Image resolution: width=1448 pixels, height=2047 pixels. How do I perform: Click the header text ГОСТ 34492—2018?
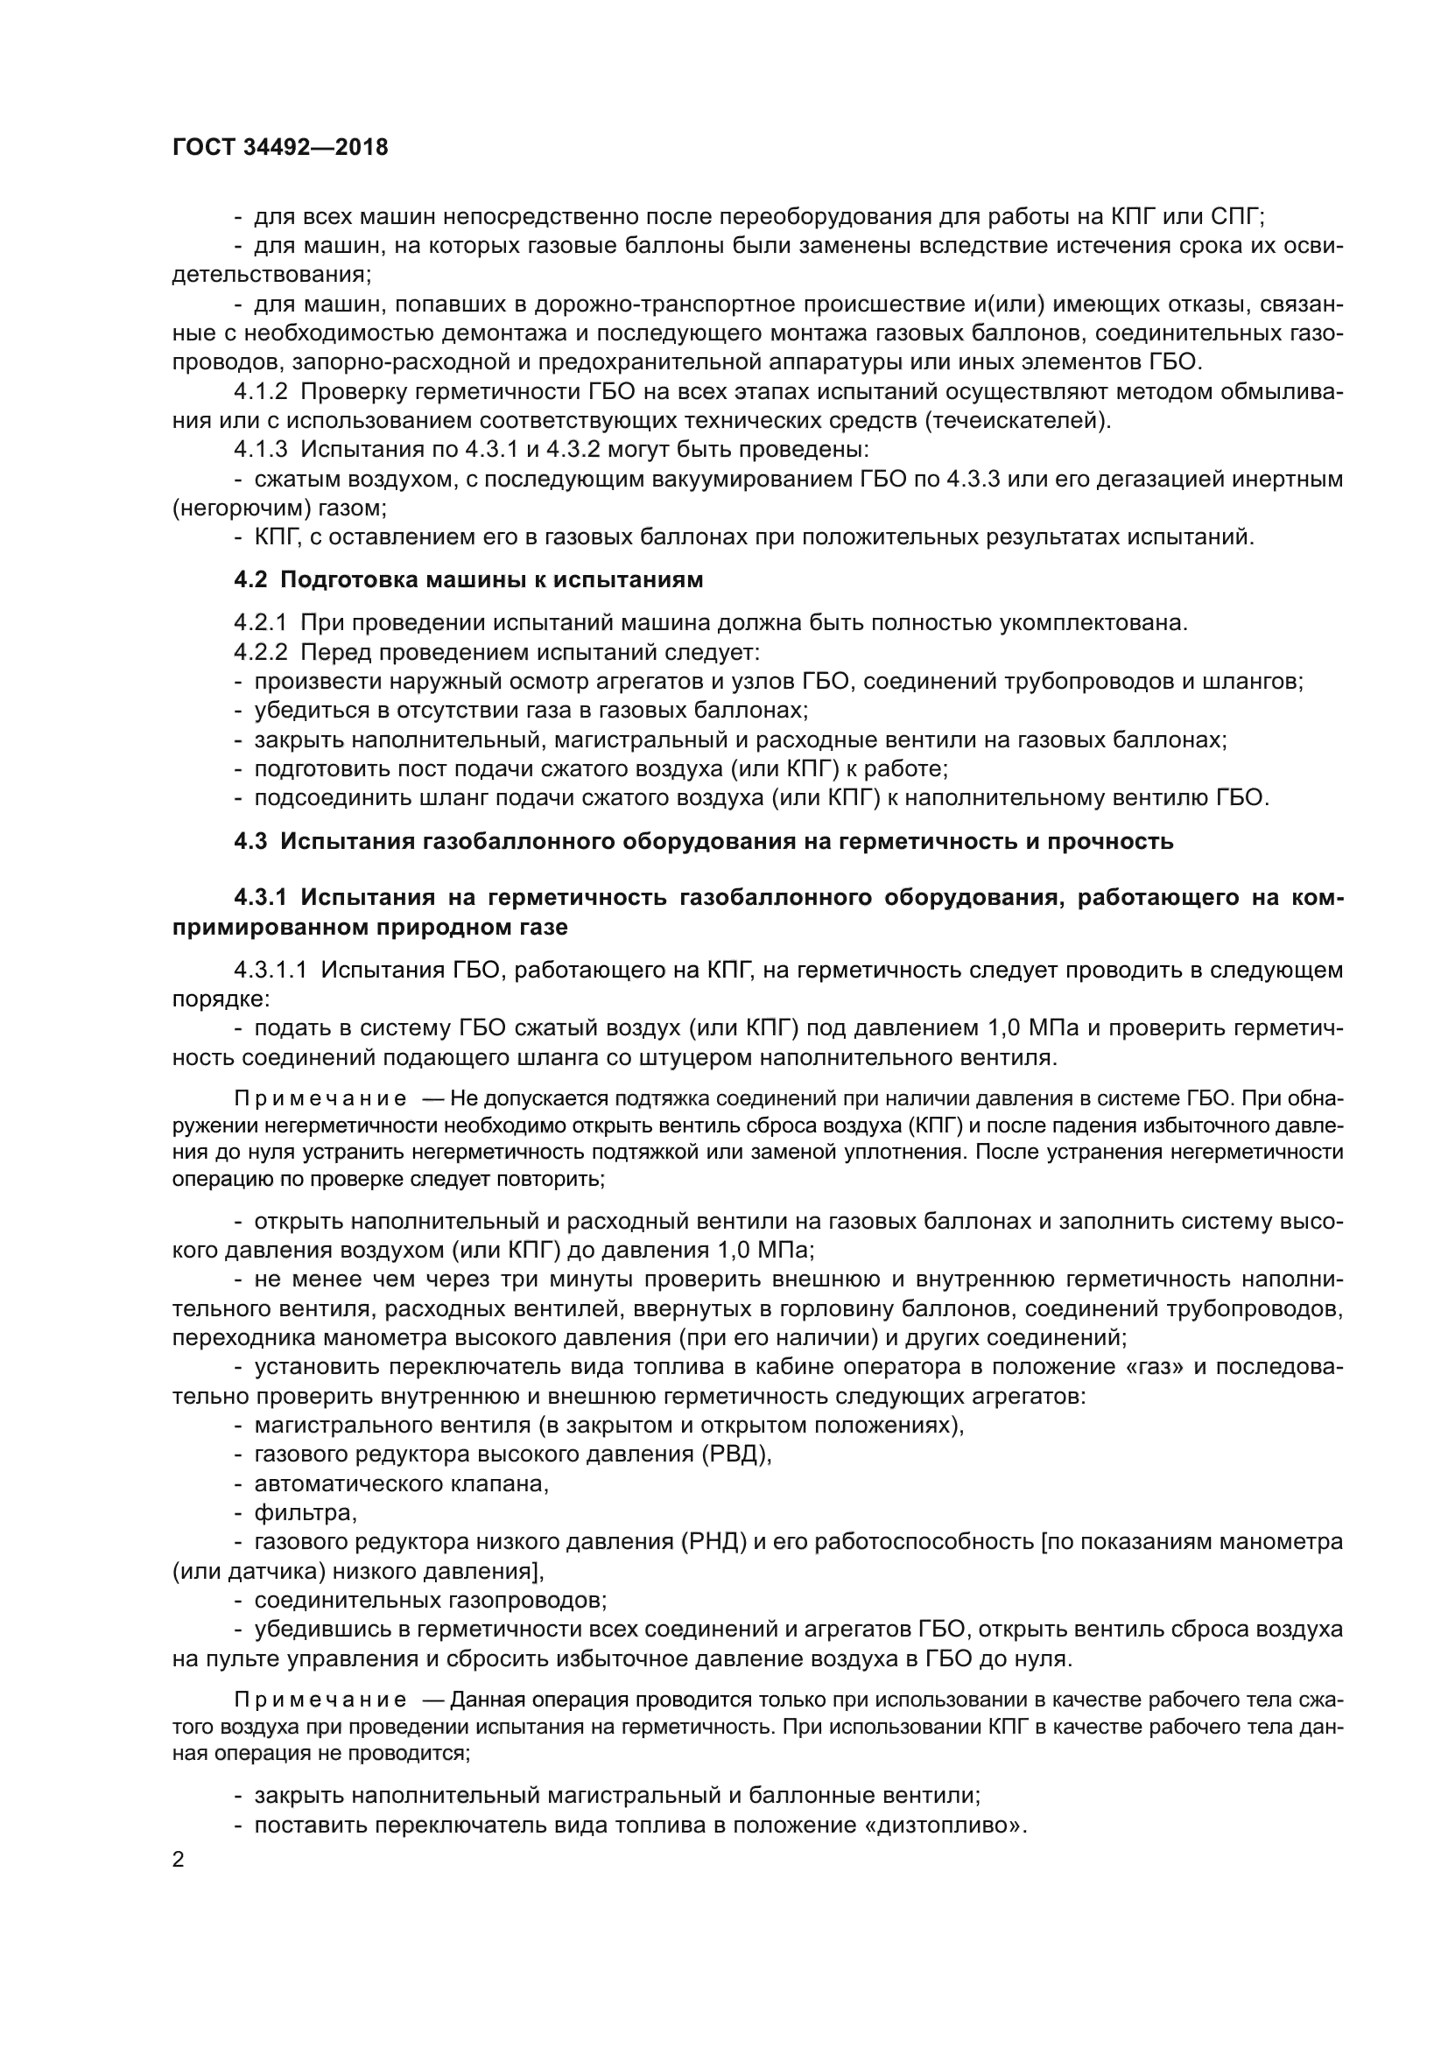click(x=280, y=148)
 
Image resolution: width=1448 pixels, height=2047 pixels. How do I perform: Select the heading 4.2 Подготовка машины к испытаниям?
click(x=468, y=579)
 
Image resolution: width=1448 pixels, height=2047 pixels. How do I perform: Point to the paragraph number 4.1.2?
click(x=260, y=391)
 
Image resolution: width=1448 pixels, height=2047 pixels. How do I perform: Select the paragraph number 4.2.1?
click(x=260, y=622)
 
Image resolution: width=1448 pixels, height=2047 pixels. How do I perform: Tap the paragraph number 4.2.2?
click(x=260, y=652)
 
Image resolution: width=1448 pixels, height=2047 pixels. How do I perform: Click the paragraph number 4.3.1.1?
click(x=271, y=970)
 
